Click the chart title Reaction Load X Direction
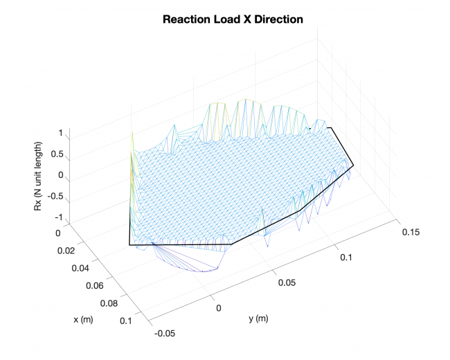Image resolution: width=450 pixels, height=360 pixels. point(233,19)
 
